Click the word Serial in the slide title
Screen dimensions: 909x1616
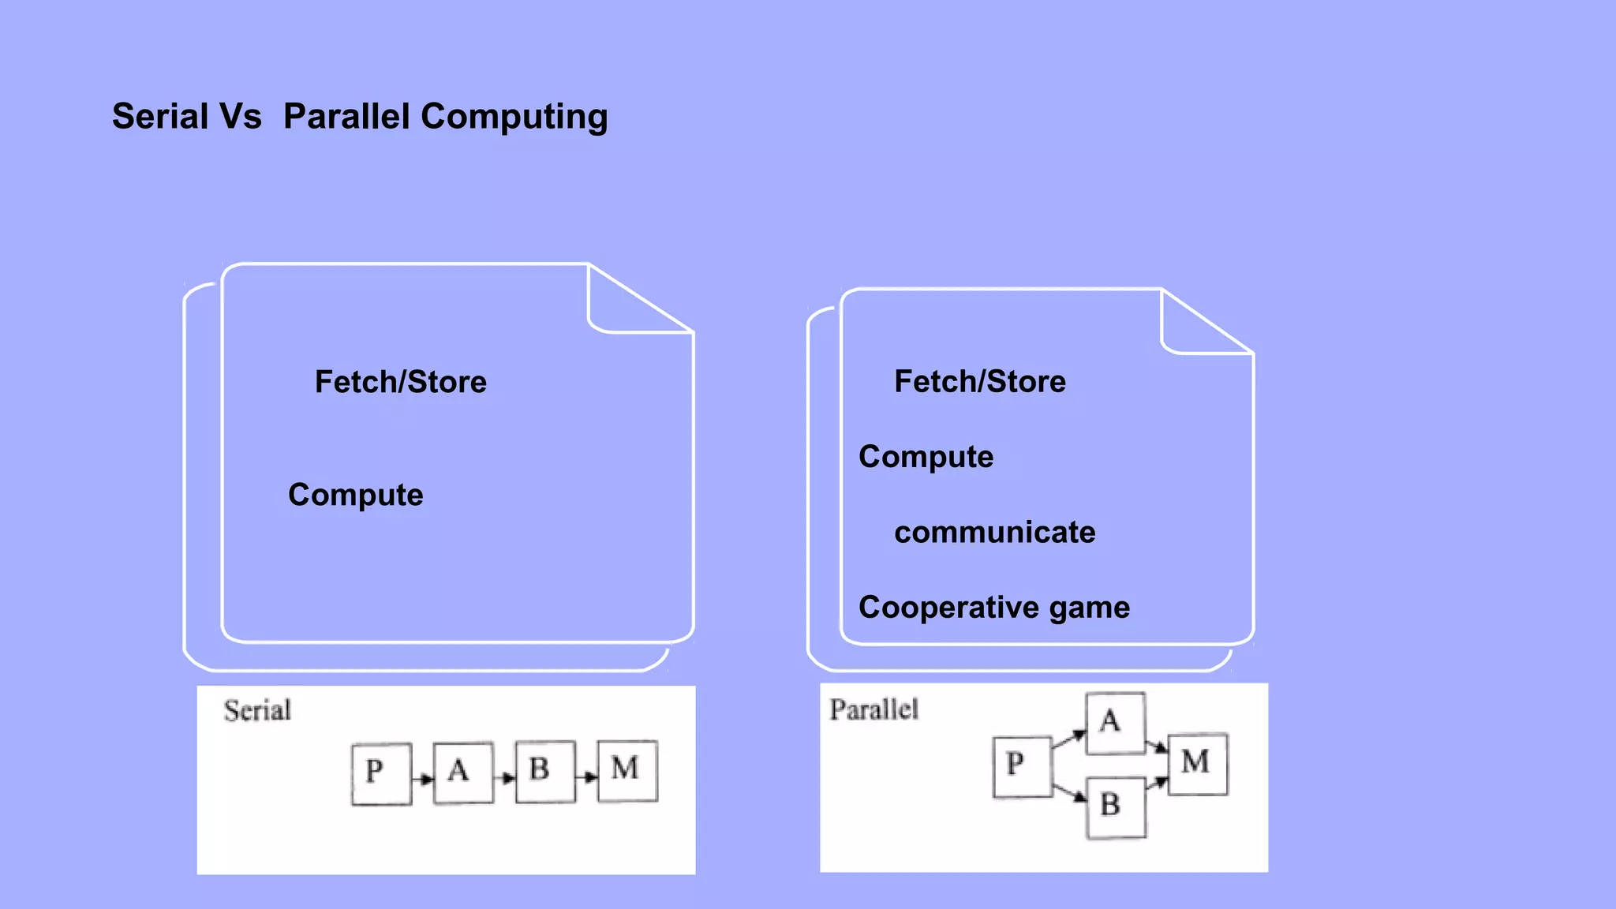159,117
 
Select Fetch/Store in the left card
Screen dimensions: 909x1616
401,382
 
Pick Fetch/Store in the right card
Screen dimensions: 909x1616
980,381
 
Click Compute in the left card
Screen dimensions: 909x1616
356,495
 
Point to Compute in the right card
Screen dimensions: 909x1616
926,457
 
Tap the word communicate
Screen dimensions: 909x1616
994,533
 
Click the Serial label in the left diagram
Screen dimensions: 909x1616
257,710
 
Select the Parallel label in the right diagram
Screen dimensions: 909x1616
873,709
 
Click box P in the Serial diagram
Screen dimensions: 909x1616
381,773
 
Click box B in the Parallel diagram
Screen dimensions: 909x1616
1116,807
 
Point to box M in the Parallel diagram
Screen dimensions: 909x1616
1197,764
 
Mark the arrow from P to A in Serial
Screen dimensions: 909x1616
423,779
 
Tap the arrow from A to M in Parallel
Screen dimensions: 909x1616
1157,745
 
